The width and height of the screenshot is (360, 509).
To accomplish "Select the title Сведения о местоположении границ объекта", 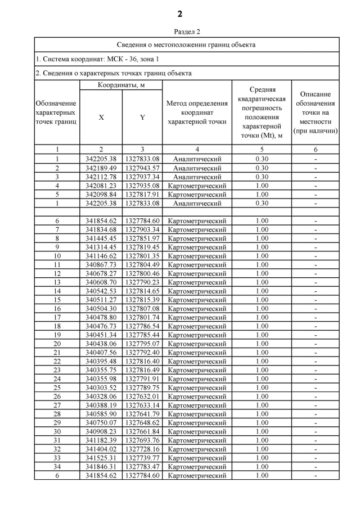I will [x=186, y=44].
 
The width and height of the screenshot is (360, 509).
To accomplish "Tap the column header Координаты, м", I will [x=121, y=85].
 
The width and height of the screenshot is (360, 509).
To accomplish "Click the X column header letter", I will [x=101, y=118].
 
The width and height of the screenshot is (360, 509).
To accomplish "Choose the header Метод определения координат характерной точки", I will [x=197, y=112].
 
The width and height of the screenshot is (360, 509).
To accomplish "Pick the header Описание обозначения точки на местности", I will [x=315, y=112].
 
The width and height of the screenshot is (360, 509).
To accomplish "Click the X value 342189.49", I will [x=101, y=168].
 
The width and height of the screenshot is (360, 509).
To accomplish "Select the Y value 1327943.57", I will [x=142, y=168].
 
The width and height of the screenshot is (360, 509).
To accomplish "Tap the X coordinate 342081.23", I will [x=101, y=186].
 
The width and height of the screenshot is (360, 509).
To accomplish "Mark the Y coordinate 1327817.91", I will [x=142, y=194].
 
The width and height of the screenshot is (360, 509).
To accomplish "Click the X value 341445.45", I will [x=101, y=238].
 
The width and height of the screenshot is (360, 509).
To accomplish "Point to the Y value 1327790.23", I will [x=142, y=282].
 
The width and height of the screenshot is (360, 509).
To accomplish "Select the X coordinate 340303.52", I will [x=101, y=388].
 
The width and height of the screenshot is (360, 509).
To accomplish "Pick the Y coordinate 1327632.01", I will [x=142, y=396].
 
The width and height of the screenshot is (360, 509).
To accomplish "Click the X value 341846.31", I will [x=101, y=466].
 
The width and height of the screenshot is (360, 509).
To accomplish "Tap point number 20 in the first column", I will [x=57, y=344].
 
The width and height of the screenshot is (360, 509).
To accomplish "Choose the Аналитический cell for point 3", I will [x=197, y=177].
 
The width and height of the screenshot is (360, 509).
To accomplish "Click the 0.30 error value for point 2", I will [x=262, y=168].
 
